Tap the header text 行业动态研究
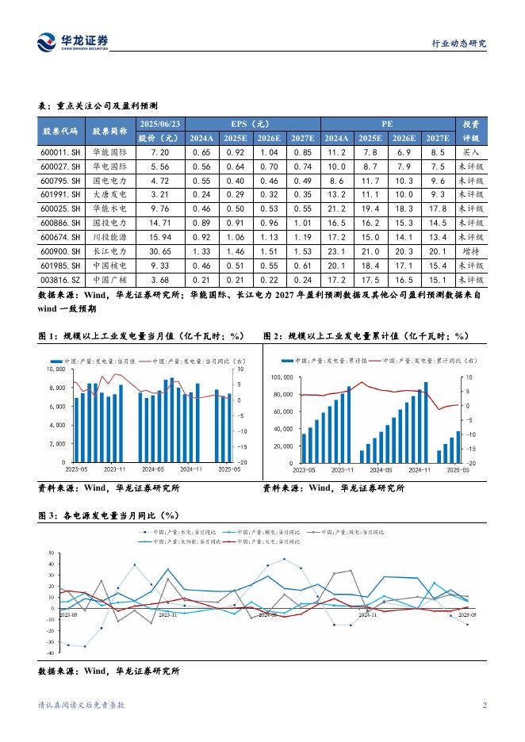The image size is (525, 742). pyautogui.click(x=458, y=44)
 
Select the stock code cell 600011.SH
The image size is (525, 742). pyautogui.click(x=60, y=151)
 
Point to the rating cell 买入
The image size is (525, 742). pyautogui.click(x=469, y=151)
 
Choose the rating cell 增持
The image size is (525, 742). pyautogui.click(x=469, y=251)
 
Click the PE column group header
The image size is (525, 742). pyautogui.click(x=386, y=124)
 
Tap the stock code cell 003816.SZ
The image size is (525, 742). pyautogui.click(x=60, y=280)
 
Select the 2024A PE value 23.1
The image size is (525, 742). pyautogui.click(x=336, y=251)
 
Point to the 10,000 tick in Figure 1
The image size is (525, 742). pyautogui.click(x=56, y=369)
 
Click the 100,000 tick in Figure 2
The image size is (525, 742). pyautogui.click(x=282, y=377)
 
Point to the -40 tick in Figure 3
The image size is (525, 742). pyautogui.click(x=49, y=653)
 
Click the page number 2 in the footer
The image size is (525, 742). pyautogui.click(x=485, y=706)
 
